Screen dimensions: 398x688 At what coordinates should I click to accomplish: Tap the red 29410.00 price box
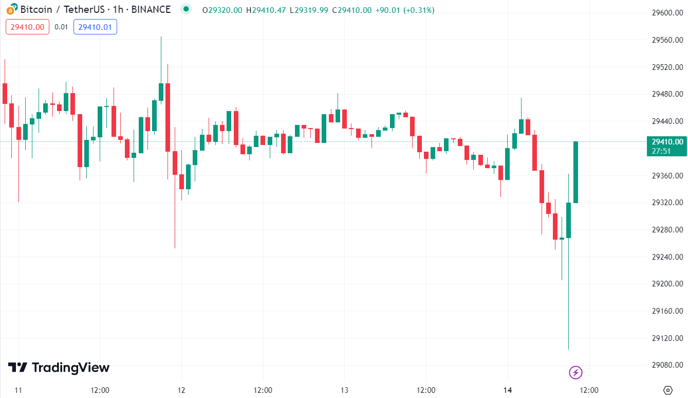[28, 27]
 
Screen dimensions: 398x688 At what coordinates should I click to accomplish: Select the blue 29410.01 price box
[95, 27]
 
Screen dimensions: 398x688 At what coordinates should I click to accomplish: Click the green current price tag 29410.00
[667, 142]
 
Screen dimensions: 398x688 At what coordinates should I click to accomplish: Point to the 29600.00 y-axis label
[667, 13]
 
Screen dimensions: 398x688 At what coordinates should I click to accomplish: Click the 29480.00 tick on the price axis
[667, 94]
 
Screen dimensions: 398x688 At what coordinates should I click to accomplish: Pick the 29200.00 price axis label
[667, 284]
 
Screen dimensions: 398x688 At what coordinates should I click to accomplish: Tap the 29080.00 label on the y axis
[667, 365]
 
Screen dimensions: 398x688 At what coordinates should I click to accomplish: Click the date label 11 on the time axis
[18, 390]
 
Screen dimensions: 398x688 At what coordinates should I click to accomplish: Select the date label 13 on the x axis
[344, 390]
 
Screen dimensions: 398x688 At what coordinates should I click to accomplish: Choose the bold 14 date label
[508, 390]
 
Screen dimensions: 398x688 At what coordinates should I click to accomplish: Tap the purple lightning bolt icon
[576, 372]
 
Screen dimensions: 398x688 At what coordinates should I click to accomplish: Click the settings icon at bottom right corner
[668, 390]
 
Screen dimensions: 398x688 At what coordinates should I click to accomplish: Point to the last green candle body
[576, 172]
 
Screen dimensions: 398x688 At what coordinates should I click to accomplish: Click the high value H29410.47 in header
[266, 10]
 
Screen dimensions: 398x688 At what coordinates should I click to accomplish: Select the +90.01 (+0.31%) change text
[404, 10]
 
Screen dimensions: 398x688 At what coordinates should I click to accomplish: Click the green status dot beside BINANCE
[186, 9]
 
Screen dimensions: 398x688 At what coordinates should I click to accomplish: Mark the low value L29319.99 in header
[308, 10]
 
